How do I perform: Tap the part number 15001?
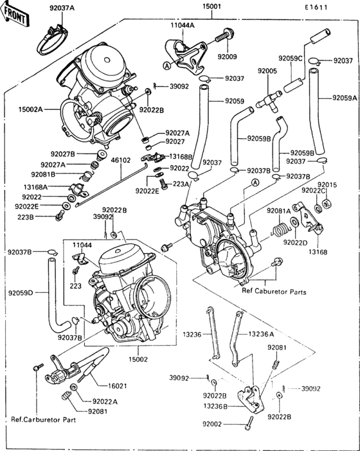(x=212, y=8)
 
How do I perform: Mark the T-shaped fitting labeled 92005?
(x=267, y=99)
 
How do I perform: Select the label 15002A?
(x=30, y=110)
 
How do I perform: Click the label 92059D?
(x=21, y=292)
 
